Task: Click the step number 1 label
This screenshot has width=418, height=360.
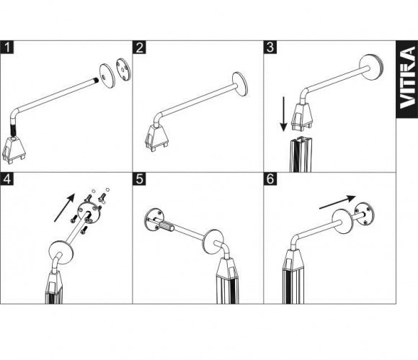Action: click(x=7, y=48)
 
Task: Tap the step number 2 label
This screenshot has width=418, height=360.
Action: click(x=139, y=48)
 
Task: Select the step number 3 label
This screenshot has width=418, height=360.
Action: click(x=270, y=48)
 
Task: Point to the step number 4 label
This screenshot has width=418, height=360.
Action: click(x=7, y=179)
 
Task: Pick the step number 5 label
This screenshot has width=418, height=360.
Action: click(x=139, y=179)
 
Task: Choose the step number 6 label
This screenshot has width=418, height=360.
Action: click(x=270, y=179)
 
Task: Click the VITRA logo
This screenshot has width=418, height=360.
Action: click(x=407, y=78)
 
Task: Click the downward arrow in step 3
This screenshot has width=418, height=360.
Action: click(x=284, y=114)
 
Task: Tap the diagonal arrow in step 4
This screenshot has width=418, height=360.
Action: click(x=64, y=207)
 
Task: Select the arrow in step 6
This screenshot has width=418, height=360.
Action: click(x=337, y=202)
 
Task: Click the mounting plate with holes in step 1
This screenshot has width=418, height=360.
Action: click(x=123, y=70)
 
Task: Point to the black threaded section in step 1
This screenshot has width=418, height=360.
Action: click(x=12, y=130)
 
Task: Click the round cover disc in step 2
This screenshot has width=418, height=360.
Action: click(x=240, y=84)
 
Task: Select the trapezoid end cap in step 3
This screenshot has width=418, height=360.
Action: click(x=303, y=117)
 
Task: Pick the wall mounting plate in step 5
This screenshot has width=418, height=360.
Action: click(x=154, y=220)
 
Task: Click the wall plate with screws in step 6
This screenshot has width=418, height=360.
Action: click(x=365, y=215)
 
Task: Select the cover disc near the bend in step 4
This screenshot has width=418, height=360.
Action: click(x=61, y=253)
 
